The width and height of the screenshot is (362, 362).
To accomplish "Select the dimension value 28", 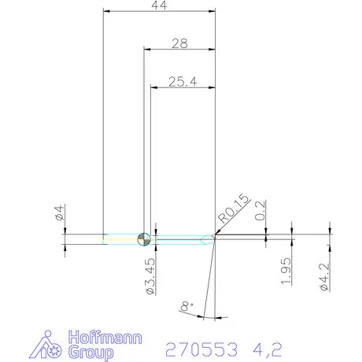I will click(x=179, y=44).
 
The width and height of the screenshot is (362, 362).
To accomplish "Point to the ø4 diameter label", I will click(x=57, y=212).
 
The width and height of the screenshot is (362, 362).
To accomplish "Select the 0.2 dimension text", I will click(x=260, y=210).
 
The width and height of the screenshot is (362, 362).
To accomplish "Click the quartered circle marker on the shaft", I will click(x=142, y=238).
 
